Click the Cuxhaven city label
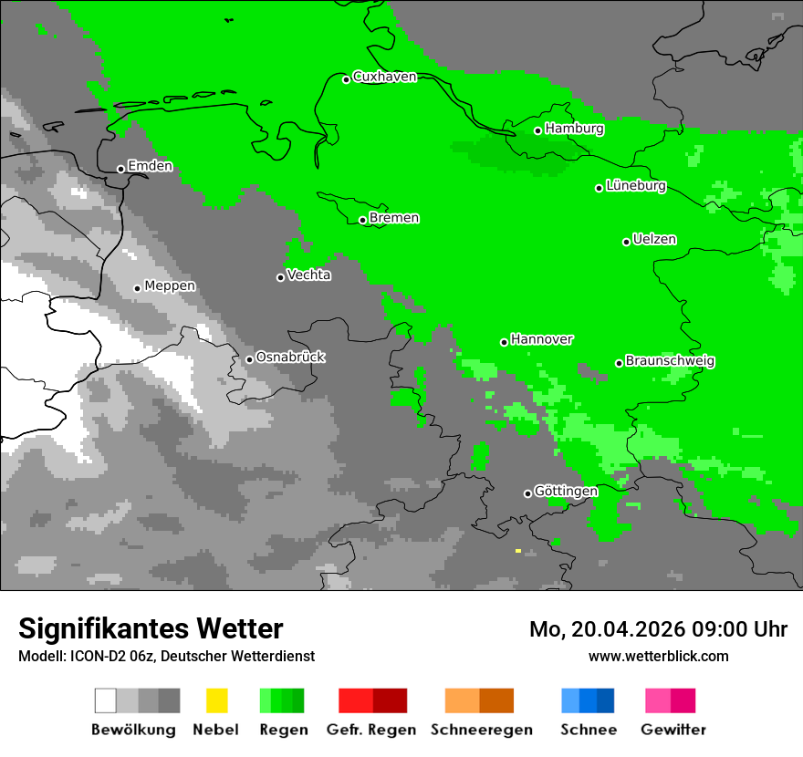384,77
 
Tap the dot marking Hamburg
538,130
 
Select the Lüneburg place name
636,186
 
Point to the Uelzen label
654,240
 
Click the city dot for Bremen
362,220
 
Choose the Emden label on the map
150,166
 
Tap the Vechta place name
308,275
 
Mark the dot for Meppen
137,288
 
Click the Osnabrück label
290,358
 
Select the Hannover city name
542,339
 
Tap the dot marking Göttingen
527,493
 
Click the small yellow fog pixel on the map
518,551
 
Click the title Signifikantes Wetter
151,628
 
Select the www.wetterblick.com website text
658,656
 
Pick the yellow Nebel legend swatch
216,700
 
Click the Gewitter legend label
673,730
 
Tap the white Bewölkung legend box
106,700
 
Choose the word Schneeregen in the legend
481,730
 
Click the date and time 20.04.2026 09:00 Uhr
658,629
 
